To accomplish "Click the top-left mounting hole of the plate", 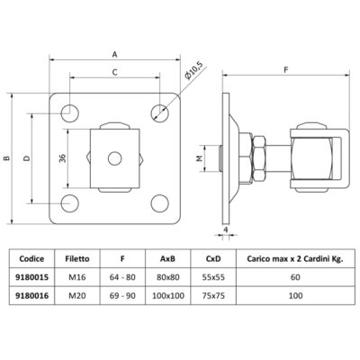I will pos(68,111).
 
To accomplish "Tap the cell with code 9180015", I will pos(37,278).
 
